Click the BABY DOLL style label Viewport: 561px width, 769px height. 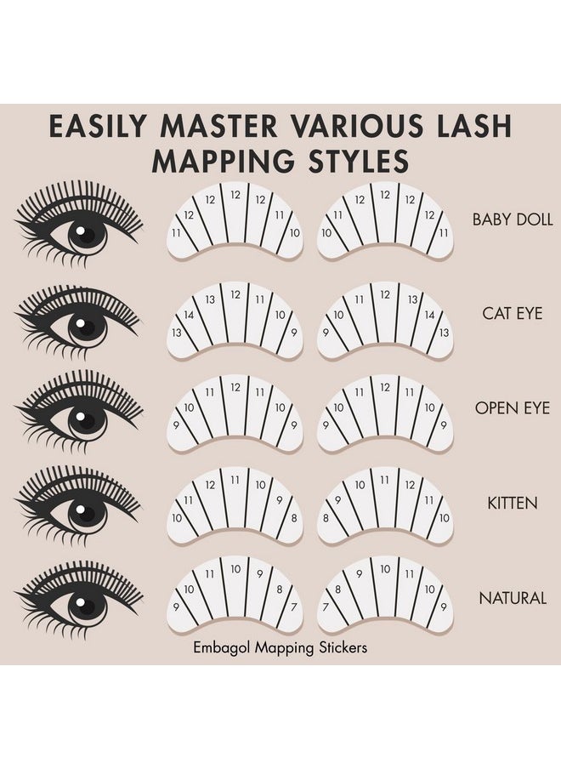click(512, 219)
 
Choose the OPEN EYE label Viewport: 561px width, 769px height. click(512, 407)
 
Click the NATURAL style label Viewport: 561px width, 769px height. click(512, 598)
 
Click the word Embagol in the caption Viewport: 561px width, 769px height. click(223, 647)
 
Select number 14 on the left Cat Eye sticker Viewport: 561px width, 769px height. click(188, 315)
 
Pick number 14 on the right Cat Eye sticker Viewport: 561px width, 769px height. click(430, 315)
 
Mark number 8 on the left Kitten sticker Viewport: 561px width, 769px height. click(293, 516)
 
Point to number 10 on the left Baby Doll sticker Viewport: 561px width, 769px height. click(293, 232)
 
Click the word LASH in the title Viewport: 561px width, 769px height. click(476, 125)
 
